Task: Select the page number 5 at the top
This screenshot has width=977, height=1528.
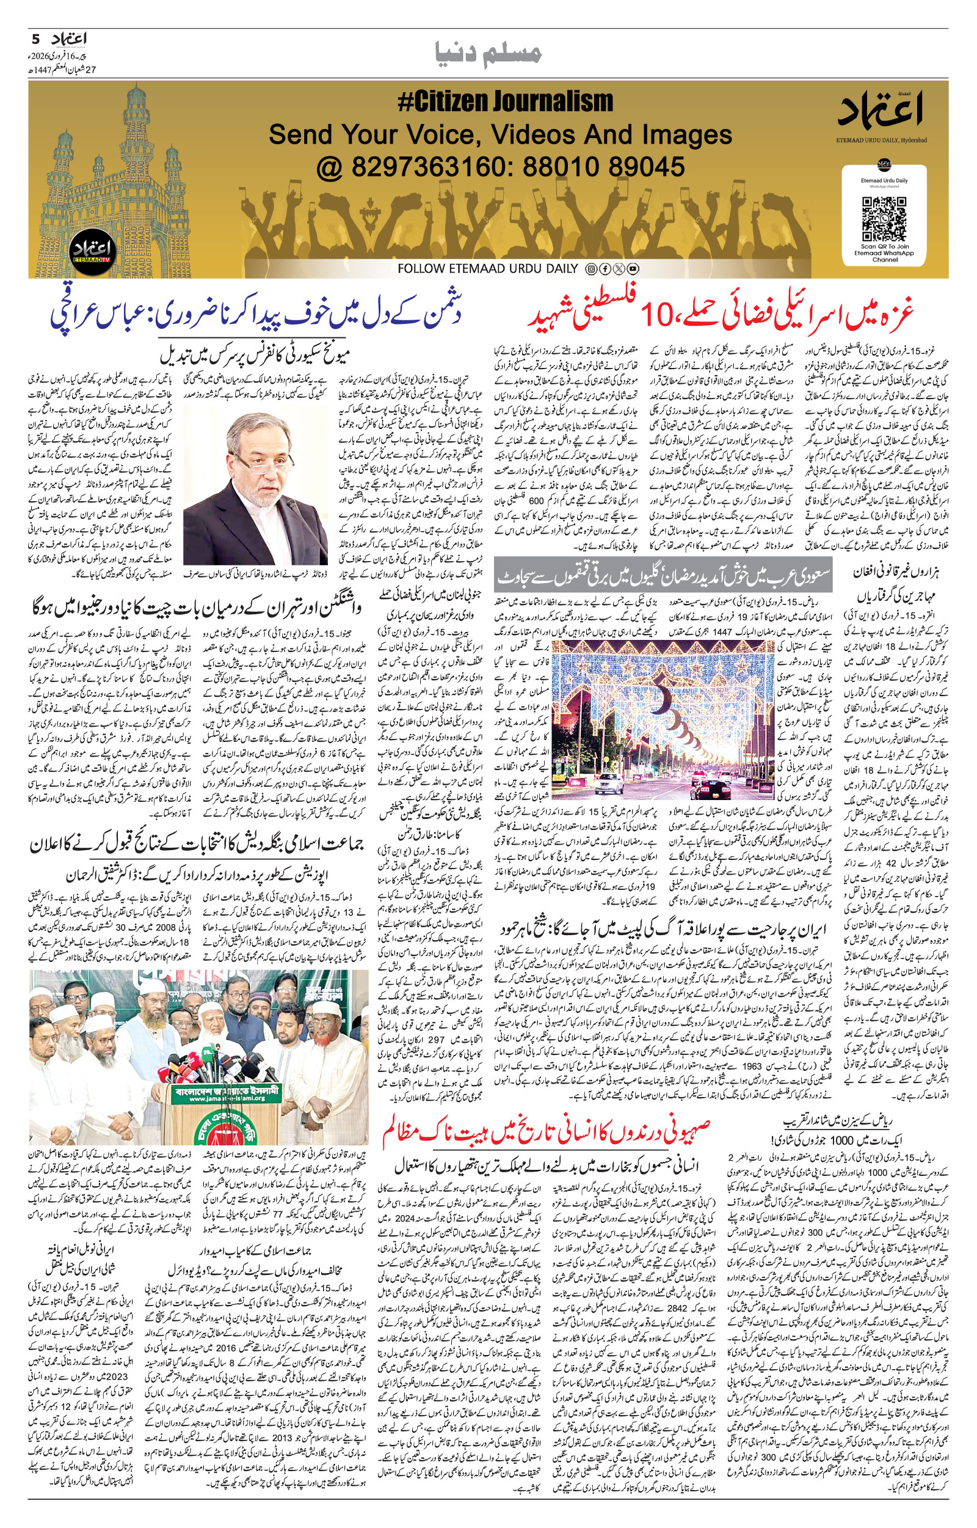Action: [35, 39]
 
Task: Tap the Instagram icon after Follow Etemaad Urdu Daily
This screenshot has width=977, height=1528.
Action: [590, 269]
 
